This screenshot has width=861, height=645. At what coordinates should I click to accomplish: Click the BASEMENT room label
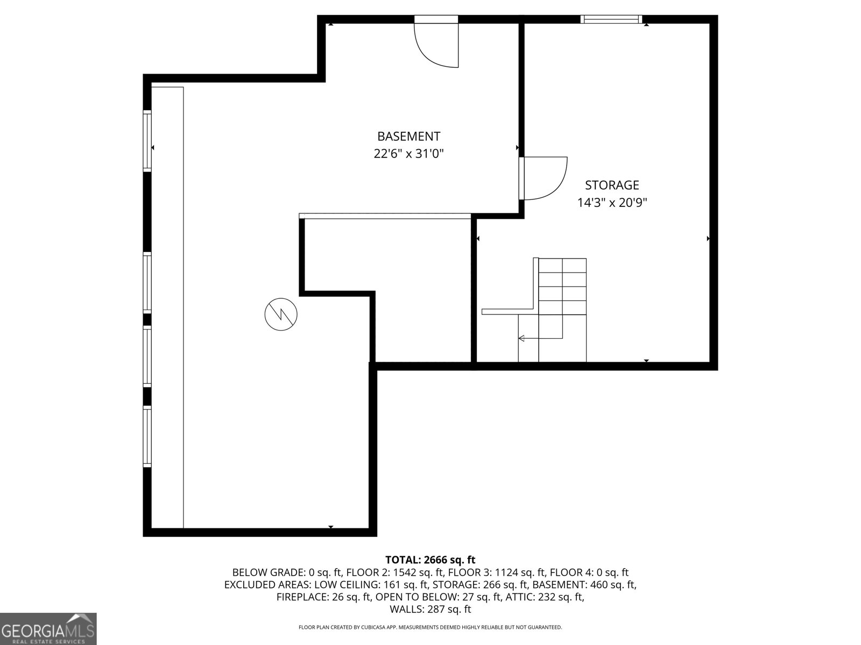(409, 137)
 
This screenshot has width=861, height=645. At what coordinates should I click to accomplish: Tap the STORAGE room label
(612, 185)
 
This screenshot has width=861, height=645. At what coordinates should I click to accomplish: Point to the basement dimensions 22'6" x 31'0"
(409, 154)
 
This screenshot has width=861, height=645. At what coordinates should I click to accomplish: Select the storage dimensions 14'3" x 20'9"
(612, 203)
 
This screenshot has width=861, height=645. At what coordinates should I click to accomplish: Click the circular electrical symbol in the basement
(281, 314)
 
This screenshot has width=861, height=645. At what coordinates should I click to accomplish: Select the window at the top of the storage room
(611, 19)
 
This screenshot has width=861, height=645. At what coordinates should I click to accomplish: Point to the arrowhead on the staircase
(521, 338)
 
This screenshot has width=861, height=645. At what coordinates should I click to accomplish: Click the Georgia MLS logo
(48, 628)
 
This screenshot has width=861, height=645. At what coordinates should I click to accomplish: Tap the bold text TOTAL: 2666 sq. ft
(430, 560)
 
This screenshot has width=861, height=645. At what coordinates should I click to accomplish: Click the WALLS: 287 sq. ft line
(430, 610)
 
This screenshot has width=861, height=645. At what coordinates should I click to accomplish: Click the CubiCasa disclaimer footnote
(430, 627)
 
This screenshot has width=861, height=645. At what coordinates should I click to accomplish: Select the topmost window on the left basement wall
(147, 141)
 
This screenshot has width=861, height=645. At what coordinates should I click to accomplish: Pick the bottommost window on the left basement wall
(147, 436)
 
